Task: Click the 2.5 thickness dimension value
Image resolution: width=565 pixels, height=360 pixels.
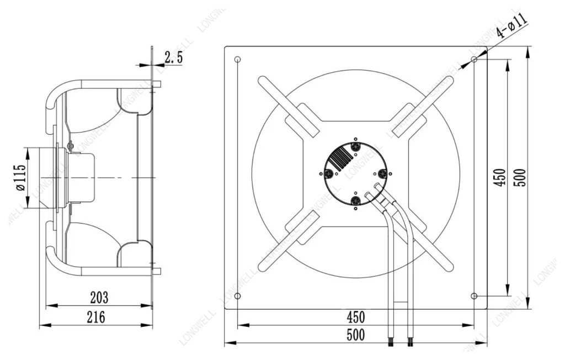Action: coord(174,57)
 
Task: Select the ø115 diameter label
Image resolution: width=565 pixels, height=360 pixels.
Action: coord(20,177)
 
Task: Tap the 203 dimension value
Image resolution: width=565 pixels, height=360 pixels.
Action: coord(99,298)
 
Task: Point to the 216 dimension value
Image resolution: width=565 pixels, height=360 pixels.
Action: coord(96,317)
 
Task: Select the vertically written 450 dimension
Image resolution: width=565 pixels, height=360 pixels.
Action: coord(499,177)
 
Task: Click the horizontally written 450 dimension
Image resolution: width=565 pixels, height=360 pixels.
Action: coord(356,317)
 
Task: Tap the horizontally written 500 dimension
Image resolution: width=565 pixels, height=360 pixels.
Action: coord(356,335)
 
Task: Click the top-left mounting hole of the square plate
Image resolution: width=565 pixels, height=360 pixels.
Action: coord(237,60)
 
